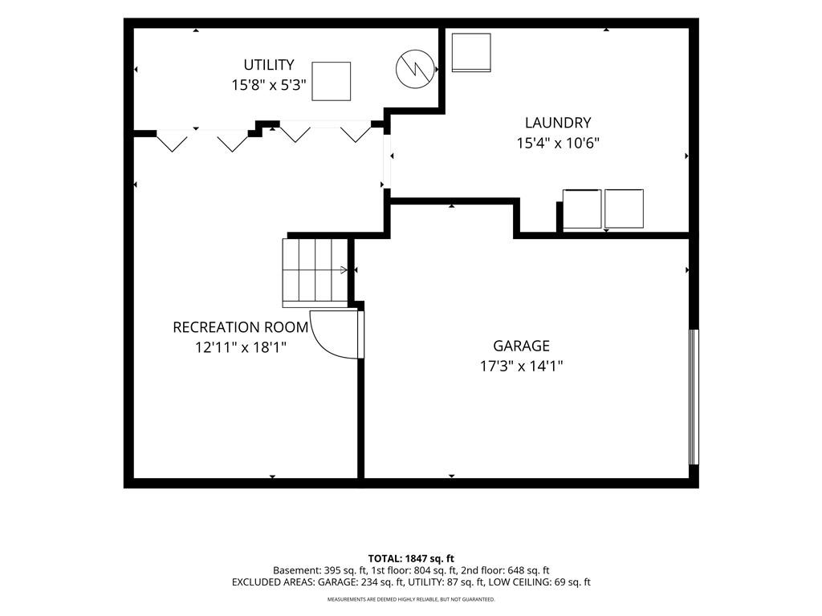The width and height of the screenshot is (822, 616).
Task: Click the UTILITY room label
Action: coord(268,65)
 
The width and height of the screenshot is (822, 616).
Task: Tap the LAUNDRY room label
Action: coord(558,123)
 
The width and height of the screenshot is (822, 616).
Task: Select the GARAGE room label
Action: coord(521,346)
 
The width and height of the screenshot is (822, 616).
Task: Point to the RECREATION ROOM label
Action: coord(241,327)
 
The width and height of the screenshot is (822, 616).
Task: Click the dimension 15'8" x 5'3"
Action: coord(269,85)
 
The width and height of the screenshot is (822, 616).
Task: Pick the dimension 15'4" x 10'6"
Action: coord(558,143)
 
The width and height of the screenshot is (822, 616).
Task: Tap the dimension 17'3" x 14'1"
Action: coord(521,366)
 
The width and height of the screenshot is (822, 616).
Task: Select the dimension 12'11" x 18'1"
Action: coord(241,346)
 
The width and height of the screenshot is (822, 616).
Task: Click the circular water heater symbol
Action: coord(415,69)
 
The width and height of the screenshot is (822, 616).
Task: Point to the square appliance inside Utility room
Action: coord(332,81)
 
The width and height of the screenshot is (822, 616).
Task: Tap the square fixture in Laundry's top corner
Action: coord(471,52)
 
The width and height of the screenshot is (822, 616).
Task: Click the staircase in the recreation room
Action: coord(315,273)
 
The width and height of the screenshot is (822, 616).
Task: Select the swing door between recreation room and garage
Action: coord(336,334)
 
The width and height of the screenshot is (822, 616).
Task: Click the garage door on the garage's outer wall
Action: coord(694,396)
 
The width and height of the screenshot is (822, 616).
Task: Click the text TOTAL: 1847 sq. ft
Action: coord(411,558)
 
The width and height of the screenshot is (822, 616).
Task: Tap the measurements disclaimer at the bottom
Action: coord(411,599)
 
